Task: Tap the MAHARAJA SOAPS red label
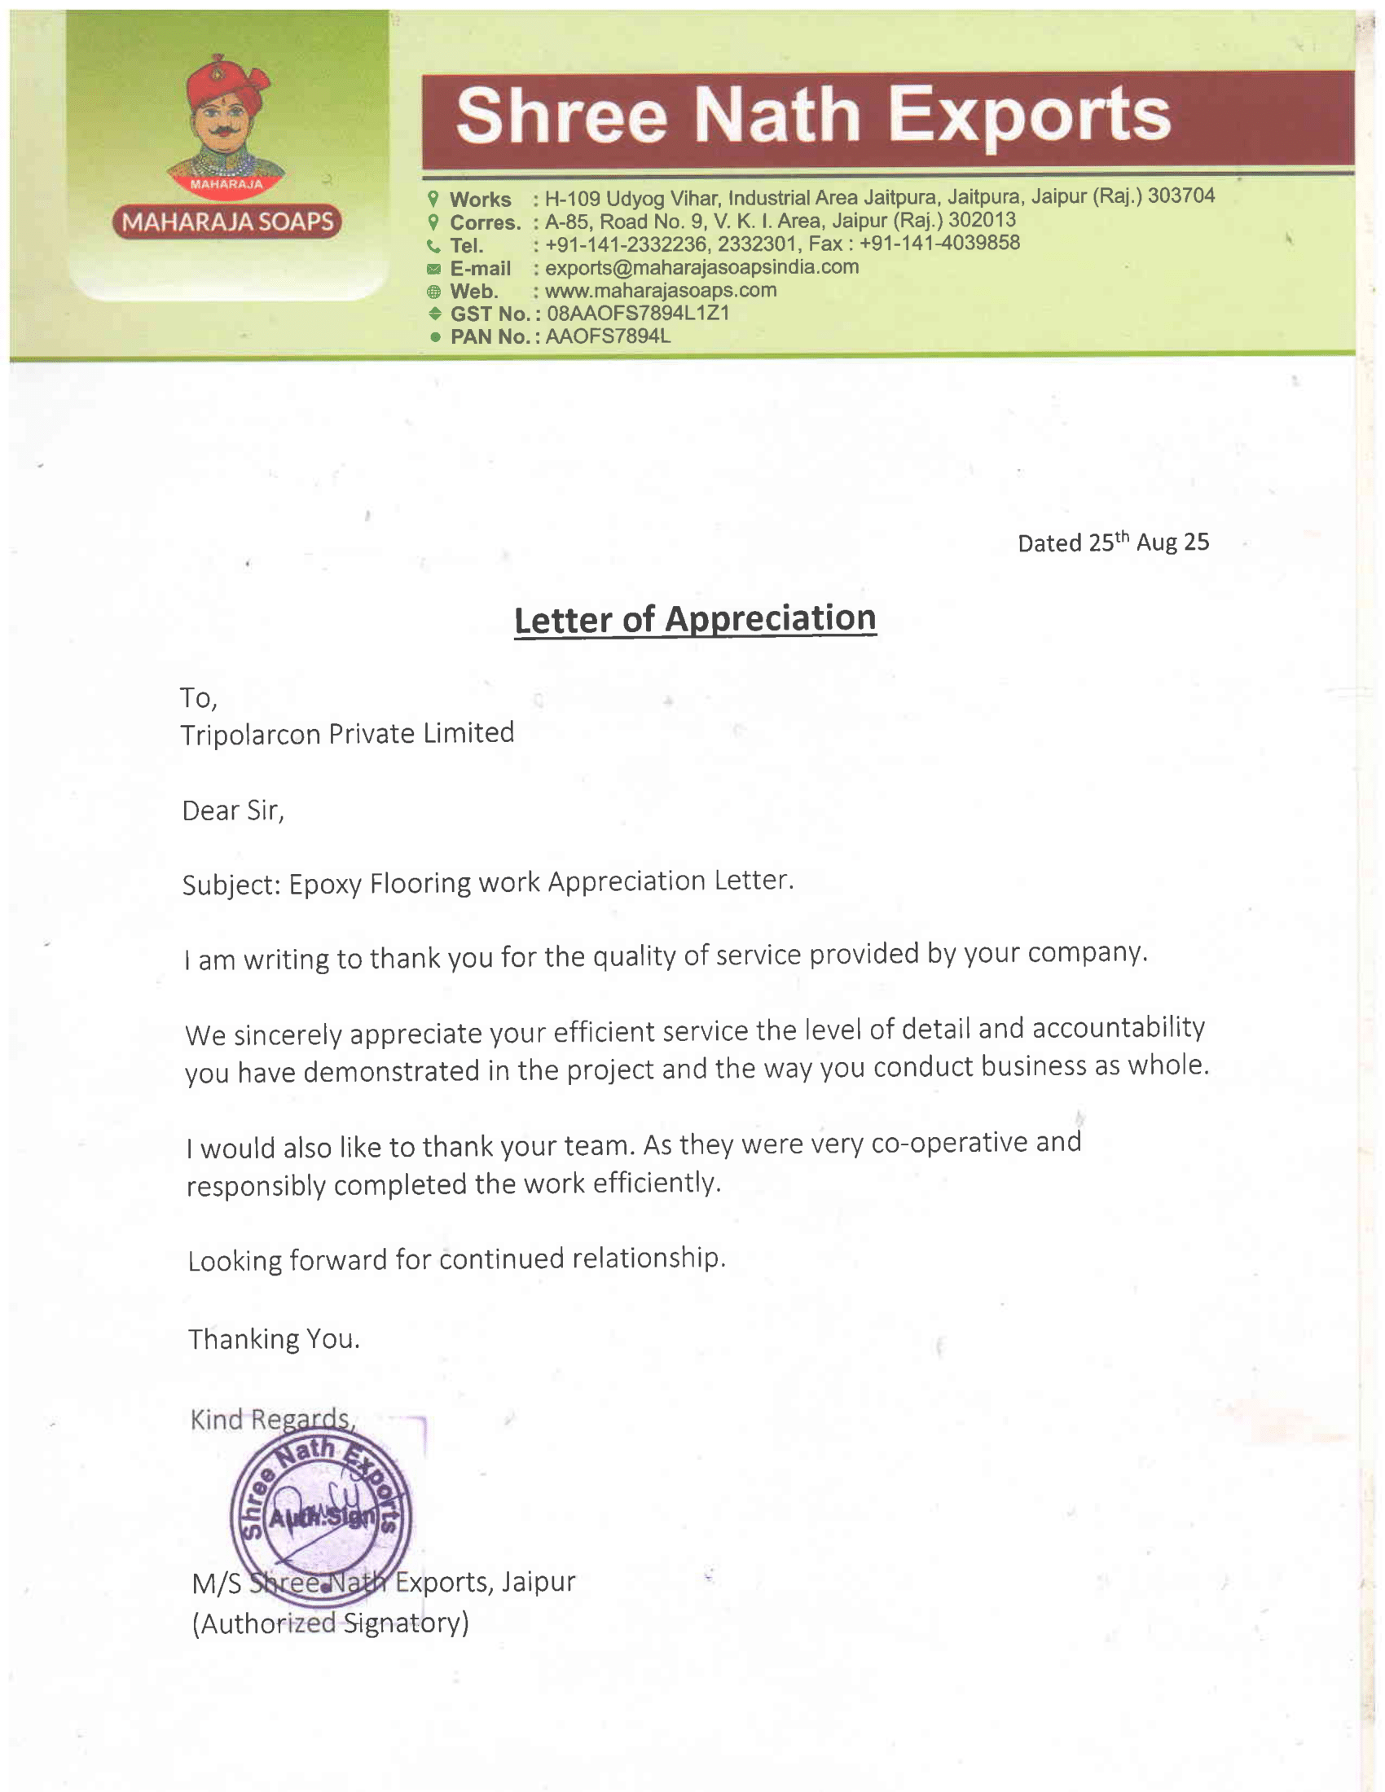tap(227, 222)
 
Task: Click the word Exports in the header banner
tap(1030, 116)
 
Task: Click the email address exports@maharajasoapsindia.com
tap(701, 267)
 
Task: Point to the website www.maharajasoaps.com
tap(661, 291)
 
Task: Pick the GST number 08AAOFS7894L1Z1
tap(638, 314)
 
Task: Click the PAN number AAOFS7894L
tap(608, 336)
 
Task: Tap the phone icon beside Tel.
tap(433, 245)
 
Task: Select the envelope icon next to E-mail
tap(433, 269)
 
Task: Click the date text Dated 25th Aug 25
tap(1113, 542)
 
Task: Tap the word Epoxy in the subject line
tap(325, 885)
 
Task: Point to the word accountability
tap(1118, 1027)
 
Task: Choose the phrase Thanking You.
tap(274, 1339)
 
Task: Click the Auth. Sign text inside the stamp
tap(323, 1518)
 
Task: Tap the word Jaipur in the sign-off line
tap(539, 1581)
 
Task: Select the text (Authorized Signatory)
tap(330, 1623)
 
